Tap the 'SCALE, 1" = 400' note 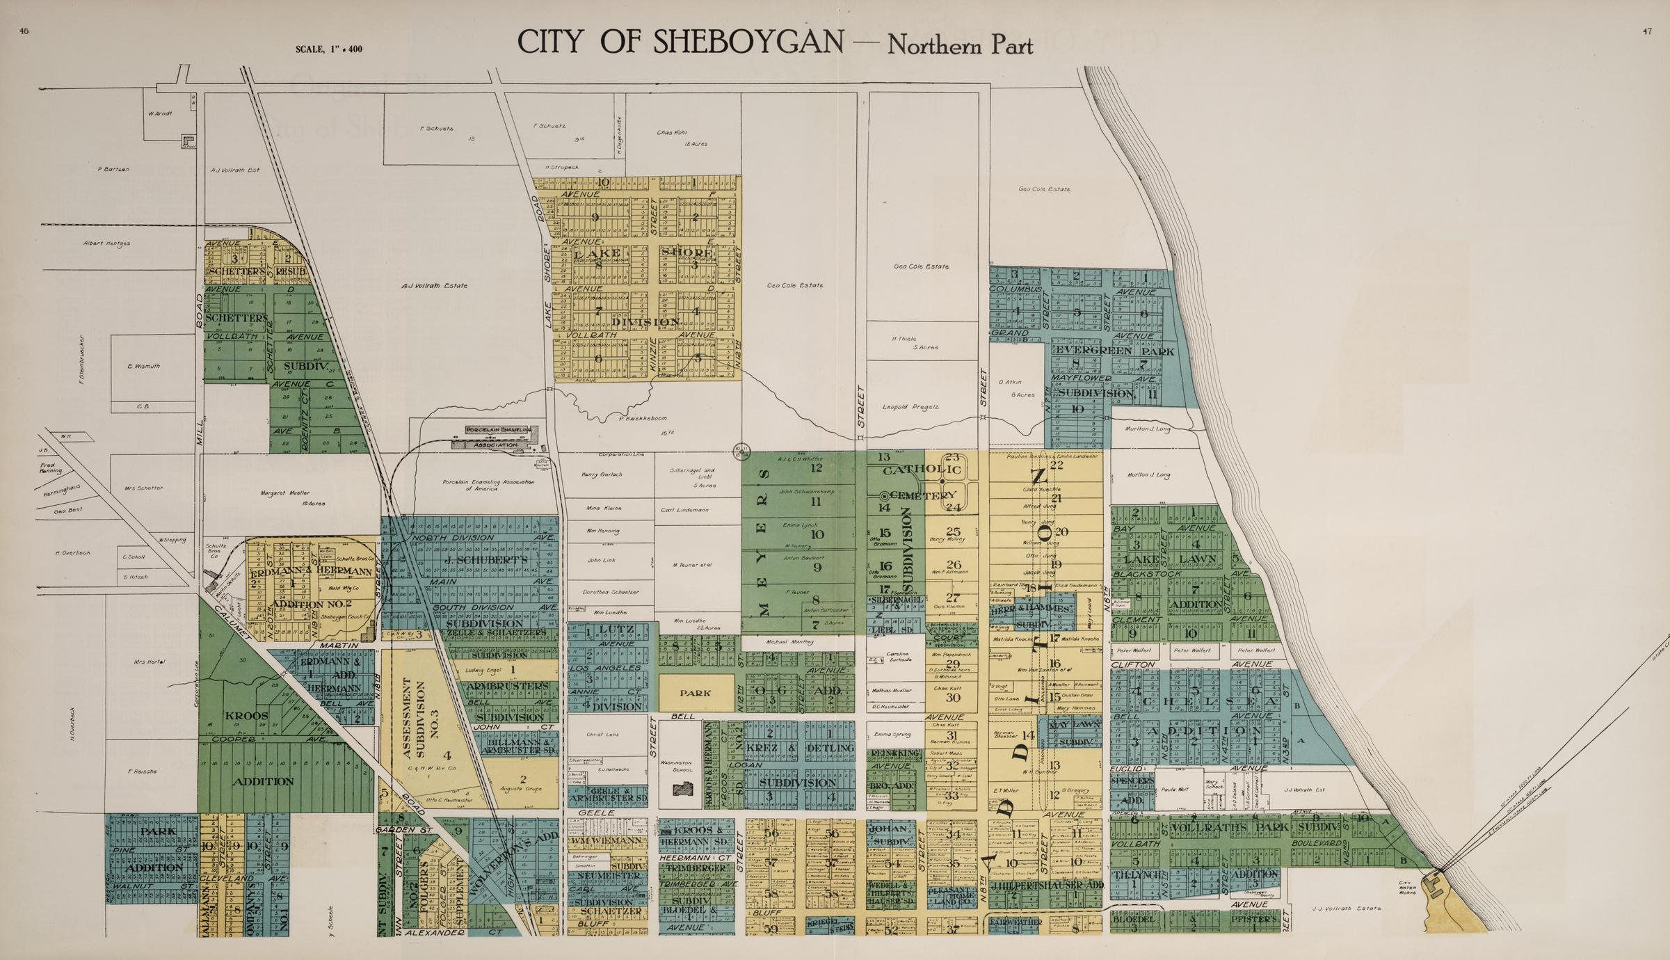pyautogui.click(x=328, y=49)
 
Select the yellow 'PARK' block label pyautogui.click(x=696, y=694)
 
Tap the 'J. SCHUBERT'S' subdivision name pyautogui.click(x=486, y=560)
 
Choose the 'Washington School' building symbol pyautogui.click(x=684, y=788)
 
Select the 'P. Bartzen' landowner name pyautogui.click(x=113, y=169)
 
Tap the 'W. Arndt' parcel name pyautogui.click(x=160, y=113)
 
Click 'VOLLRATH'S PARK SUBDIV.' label pyautogui.click(x=1244, y=828)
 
